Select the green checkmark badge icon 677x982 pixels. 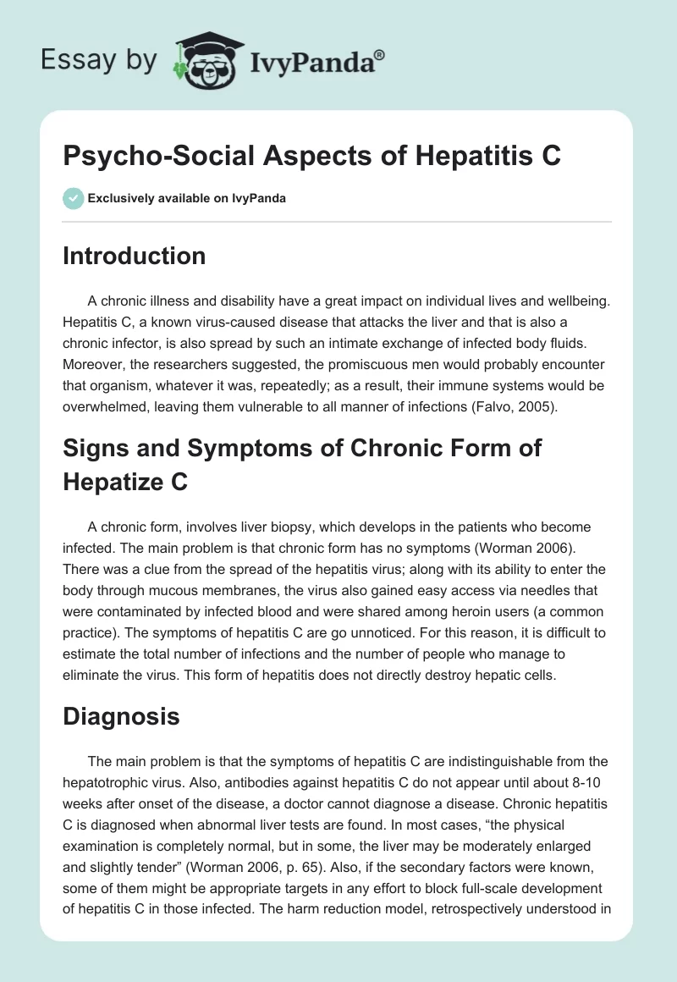[x=72, y=199]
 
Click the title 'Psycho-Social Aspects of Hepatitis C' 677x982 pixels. [x=311, y=156]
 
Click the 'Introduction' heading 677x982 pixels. [x=134, y=256]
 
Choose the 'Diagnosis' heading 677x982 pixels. [x=121, y=717]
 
